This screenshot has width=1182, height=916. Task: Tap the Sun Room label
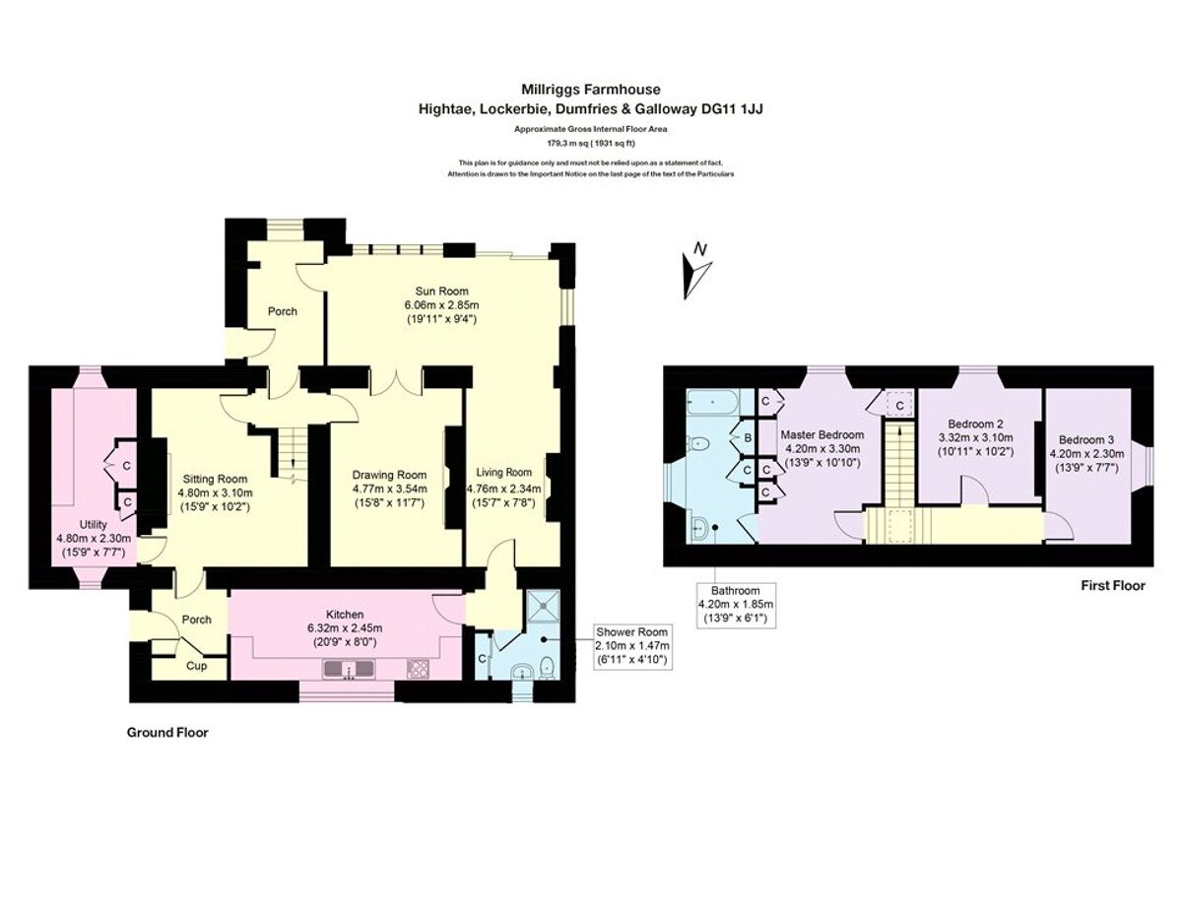point(441,291)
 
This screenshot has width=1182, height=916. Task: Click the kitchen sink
point(347,670)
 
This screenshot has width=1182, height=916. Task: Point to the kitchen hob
point(418,670)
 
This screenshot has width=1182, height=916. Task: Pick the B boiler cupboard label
point(748,437)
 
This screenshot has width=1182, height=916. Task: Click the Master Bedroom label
point(821,434)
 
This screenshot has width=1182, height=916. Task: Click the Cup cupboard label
point(197,666)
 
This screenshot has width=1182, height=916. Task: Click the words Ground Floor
point(166,733)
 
